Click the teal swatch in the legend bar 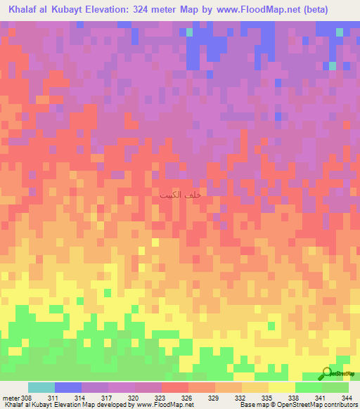pos(41,387)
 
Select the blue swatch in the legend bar pos(68,387)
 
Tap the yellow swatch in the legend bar pos(281,387)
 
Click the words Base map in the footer pos(256,405)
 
